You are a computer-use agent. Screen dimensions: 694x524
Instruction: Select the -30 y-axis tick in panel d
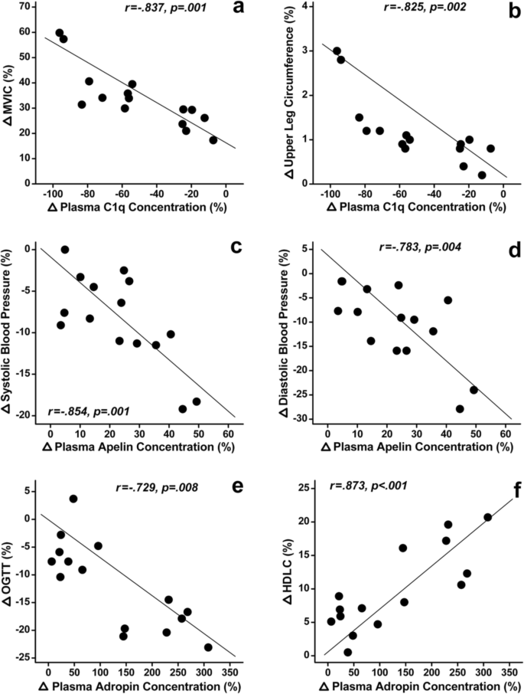pyautogui.click(x=304, y=419)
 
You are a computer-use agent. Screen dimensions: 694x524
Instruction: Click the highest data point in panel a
pyautogui.click(x=60, y=33)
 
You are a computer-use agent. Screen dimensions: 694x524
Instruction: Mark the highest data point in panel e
pyautogui.click(x=73, y=499)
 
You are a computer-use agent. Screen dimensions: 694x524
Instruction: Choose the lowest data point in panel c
pyautogui.click(x=183, y=409)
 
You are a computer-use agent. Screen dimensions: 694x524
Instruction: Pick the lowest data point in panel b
pyautogui.click(x=482, y=175)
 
